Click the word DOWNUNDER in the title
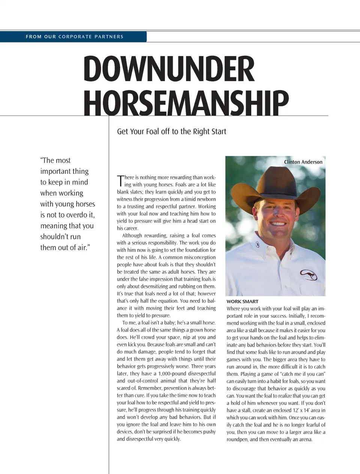(x=169, y=69)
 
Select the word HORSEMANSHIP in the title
(x=186, y=102)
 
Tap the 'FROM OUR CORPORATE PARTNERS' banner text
(x=74, y=37)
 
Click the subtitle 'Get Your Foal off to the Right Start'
(x=171, y=132)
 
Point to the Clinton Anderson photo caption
(x=303, y=162)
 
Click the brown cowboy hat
(x=276, y=185)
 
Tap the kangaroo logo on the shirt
(x=308, y=275)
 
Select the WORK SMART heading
(x=242, y=301)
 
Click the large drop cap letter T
(x=120, y=181)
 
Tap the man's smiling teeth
(x=278, y=224)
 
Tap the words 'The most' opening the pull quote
(x=55, y=160)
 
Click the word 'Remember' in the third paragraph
(x=150, y=388)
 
